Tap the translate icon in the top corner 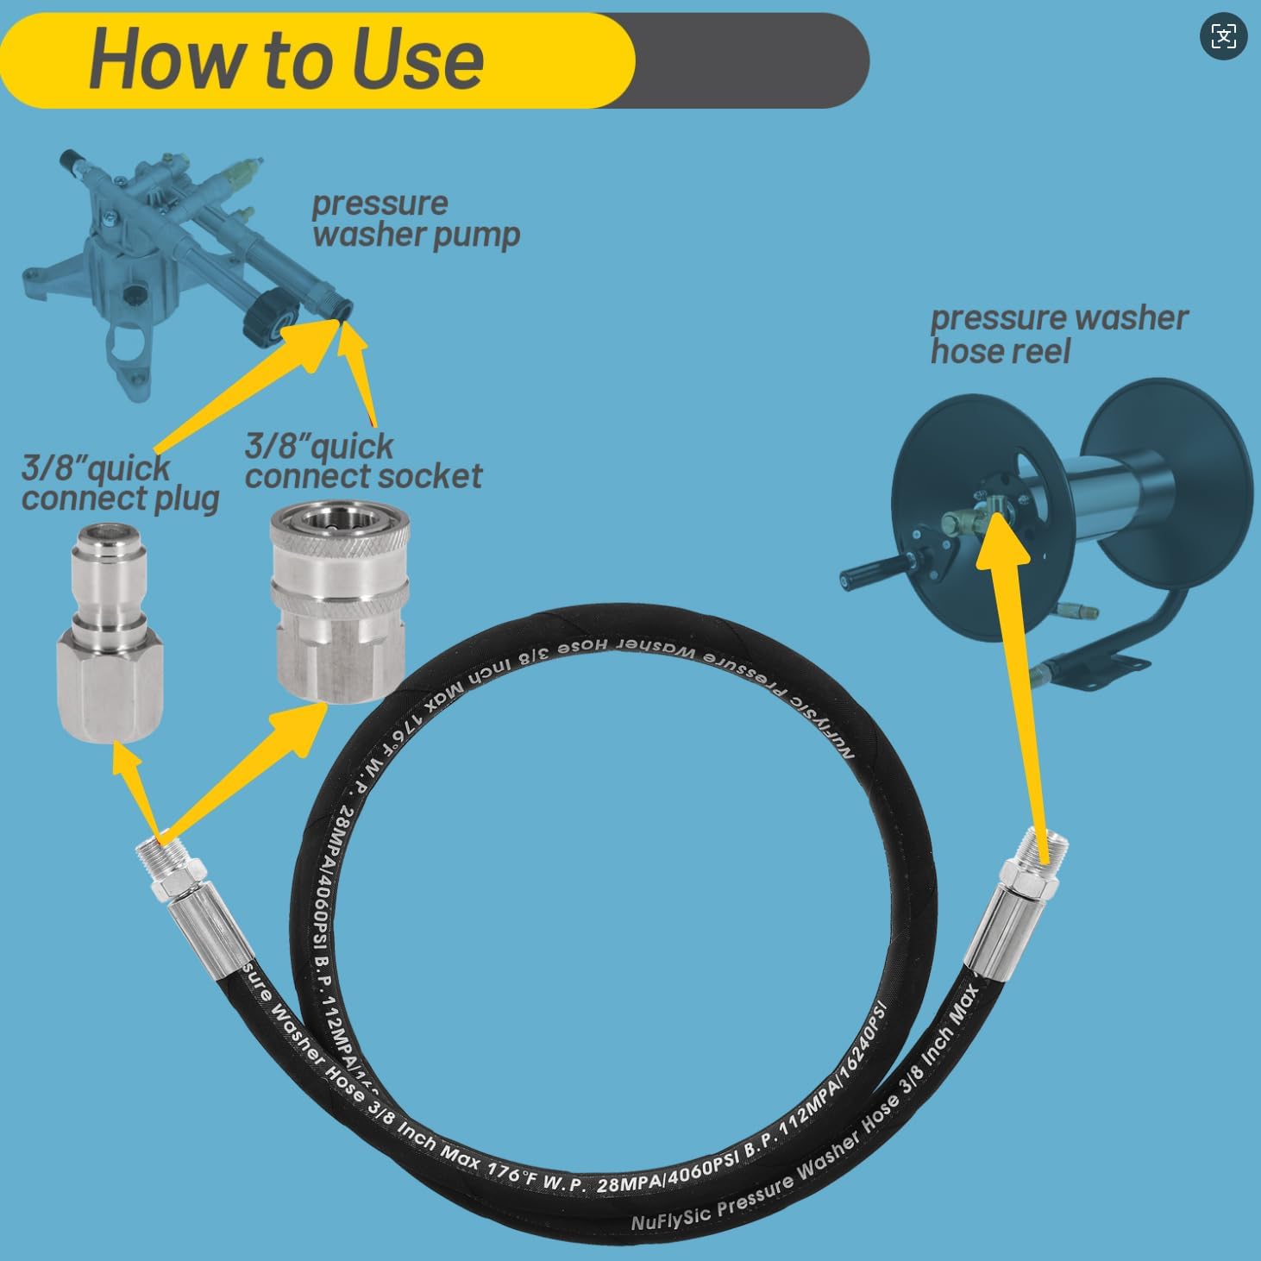1223,36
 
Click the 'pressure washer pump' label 415,219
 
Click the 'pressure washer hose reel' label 1057,334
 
